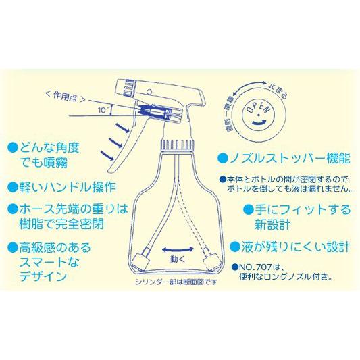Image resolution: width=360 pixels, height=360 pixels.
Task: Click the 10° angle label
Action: pos(102,109)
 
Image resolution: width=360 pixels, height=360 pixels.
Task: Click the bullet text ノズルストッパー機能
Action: pos(288,159)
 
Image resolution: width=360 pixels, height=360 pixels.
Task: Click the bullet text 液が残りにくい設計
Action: pos(294,247)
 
